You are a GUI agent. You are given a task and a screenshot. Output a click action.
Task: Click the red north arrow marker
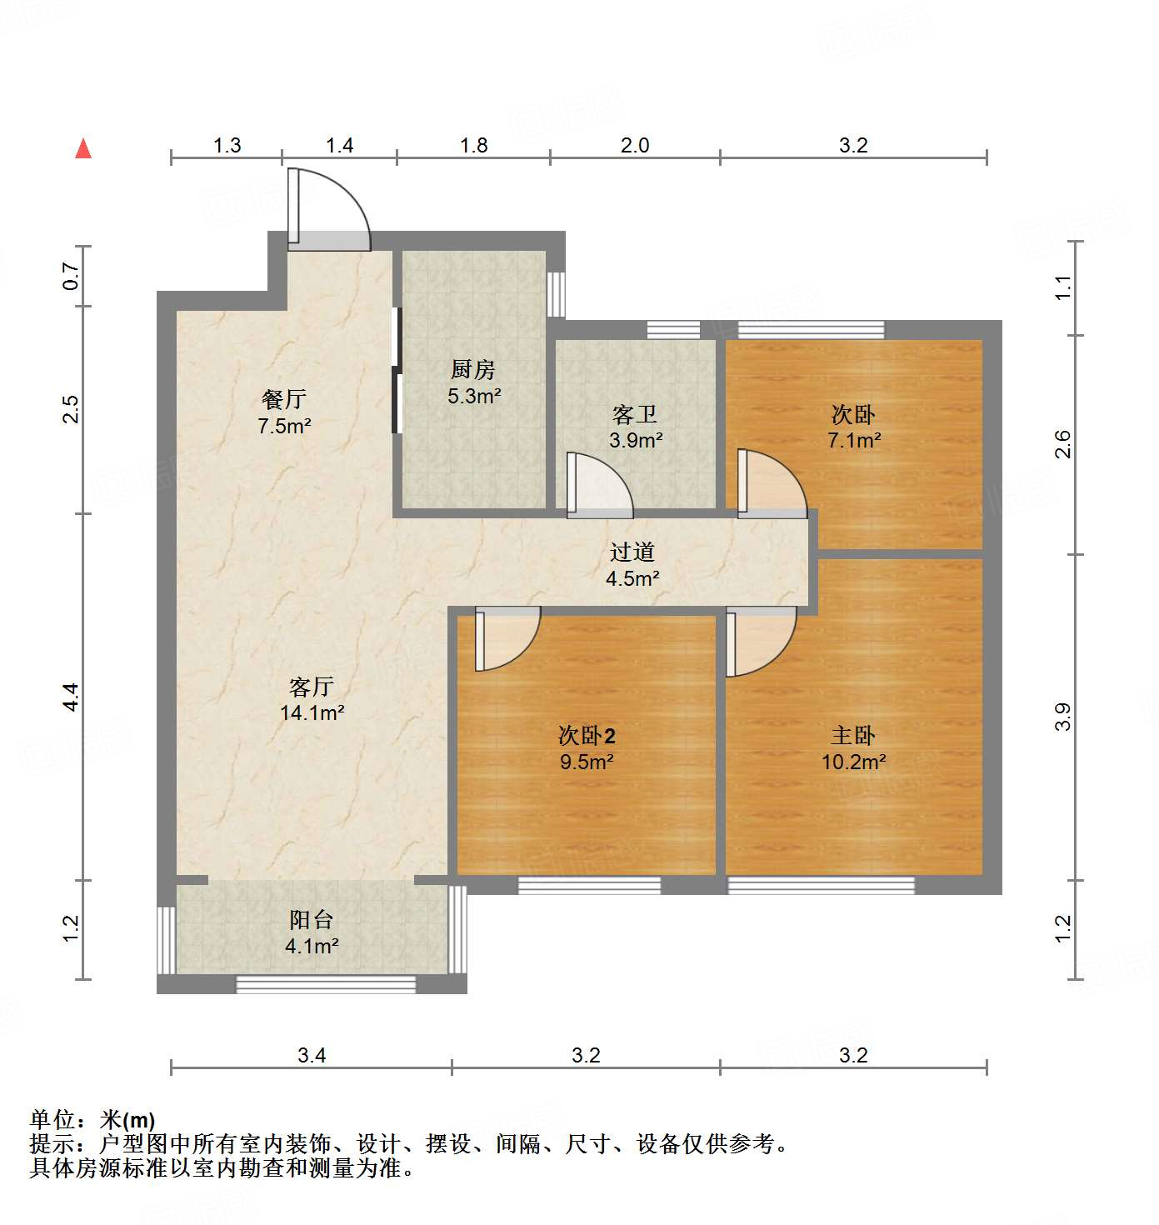[x=83, y=148]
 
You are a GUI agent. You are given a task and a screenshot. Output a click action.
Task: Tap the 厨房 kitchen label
[x=472, y=369]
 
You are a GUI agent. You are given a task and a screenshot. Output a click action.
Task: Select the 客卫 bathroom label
[x=635, y=414]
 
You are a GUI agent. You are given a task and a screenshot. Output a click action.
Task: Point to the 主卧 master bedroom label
[x=852, y=735]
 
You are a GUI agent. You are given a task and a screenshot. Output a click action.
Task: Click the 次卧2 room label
[x=587, y=735]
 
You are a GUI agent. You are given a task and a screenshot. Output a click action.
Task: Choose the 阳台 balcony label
[x=311, y=920]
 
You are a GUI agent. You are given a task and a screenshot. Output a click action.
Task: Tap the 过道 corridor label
[x=632, y=552]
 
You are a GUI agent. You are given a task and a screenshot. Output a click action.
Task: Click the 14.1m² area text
[x=312, y=713]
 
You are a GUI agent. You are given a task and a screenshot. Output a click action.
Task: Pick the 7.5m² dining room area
[x=284, y=427]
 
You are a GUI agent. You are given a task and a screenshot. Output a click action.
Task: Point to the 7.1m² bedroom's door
[x=770, y=483]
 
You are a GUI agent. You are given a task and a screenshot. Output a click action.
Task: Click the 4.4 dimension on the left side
[x=72, y=697]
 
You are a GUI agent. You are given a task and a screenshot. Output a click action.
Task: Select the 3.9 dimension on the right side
[x=1062, y=717]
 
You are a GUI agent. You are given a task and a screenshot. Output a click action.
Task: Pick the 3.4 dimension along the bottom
[x=312, y=1056]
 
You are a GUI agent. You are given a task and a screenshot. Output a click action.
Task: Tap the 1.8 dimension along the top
[x=473, y=146]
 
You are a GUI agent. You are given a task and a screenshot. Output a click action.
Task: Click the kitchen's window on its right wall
[x=556, y=293]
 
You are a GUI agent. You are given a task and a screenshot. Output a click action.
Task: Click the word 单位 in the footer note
[x=52, y=1120]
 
